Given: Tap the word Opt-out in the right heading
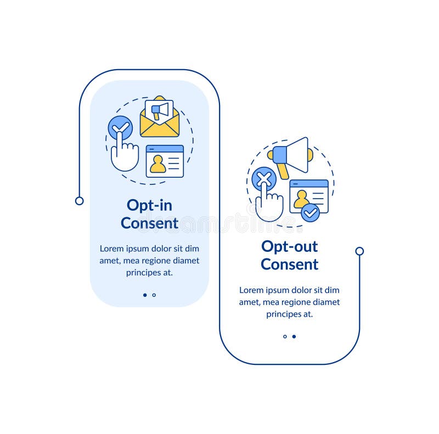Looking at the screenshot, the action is click(289, 246).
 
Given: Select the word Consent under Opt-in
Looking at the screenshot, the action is click(149, 223).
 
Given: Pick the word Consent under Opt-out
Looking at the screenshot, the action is click(289, 264).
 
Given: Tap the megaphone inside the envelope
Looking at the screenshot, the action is click(160, 110).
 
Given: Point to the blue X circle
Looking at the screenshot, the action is click(263, 178).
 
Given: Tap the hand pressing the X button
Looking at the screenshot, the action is click(269, 205).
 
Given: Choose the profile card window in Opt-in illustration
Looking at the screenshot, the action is click(165, 161).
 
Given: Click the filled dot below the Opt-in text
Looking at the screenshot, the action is click(145, 295).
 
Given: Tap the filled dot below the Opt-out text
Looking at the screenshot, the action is click(294, 336).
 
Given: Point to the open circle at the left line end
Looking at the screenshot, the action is click(79, 201).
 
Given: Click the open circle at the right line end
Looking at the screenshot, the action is click(359, 251).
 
